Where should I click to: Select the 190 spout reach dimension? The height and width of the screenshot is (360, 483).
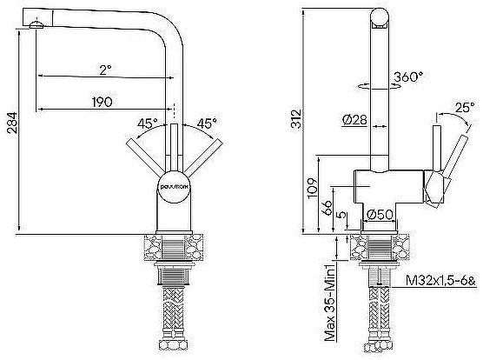pyautogui.click(x=103, y=102)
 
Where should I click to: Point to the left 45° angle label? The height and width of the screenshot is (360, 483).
pyautogui.click(x=146, y=122)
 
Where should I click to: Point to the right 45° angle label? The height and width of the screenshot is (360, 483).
pyautogui.click(x=206, y=122)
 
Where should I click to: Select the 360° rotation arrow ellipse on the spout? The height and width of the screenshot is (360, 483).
pyautogui.click(x=380, y=84)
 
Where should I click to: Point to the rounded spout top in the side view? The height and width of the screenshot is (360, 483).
pyautogui.click(x=380, y=15)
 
